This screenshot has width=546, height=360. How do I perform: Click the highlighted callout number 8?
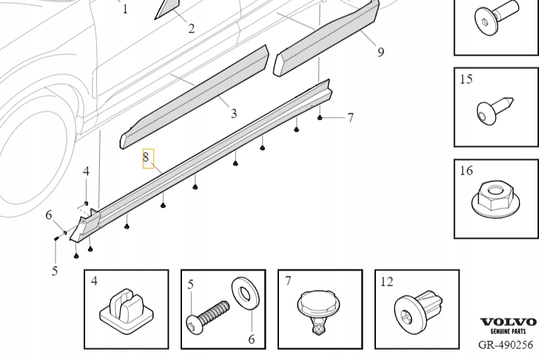[x=148, y=158]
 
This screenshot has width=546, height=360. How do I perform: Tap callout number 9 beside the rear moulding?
[x=380, y=52]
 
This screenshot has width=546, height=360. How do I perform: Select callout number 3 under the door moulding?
[x=233, y=112]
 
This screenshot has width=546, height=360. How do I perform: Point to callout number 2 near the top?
[x=191, y=28]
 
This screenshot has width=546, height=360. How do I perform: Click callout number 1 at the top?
[x=125, y=9]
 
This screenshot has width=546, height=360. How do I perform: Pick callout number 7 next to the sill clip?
[x=350, y=117]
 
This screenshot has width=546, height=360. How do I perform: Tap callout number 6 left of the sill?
[x=49, y=215]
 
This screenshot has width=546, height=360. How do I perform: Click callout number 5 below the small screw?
[x=54, y=271]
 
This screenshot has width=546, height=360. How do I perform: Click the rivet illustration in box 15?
[x=495, y=111]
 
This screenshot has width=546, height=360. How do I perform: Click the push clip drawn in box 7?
[x=320, y=310]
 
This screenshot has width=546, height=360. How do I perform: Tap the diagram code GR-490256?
[x=505, y=345]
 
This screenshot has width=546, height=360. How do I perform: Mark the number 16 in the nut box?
[x=467, y=171]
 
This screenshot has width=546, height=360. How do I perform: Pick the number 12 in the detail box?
[x=387, y=282]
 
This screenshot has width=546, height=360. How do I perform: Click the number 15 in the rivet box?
[x=467, y=79]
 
